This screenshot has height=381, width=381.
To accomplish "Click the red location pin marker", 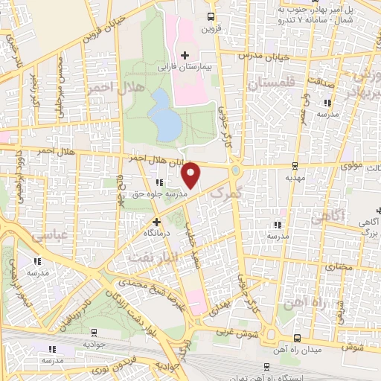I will (x=191, y=175).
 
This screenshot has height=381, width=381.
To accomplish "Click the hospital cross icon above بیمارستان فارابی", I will (x=185, y=56).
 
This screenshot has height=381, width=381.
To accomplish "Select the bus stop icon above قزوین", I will (x=211, y=16).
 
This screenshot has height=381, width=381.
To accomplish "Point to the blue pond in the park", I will (x=164, y=115).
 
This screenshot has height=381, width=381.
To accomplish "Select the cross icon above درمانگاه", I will (x=156, y=222).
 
